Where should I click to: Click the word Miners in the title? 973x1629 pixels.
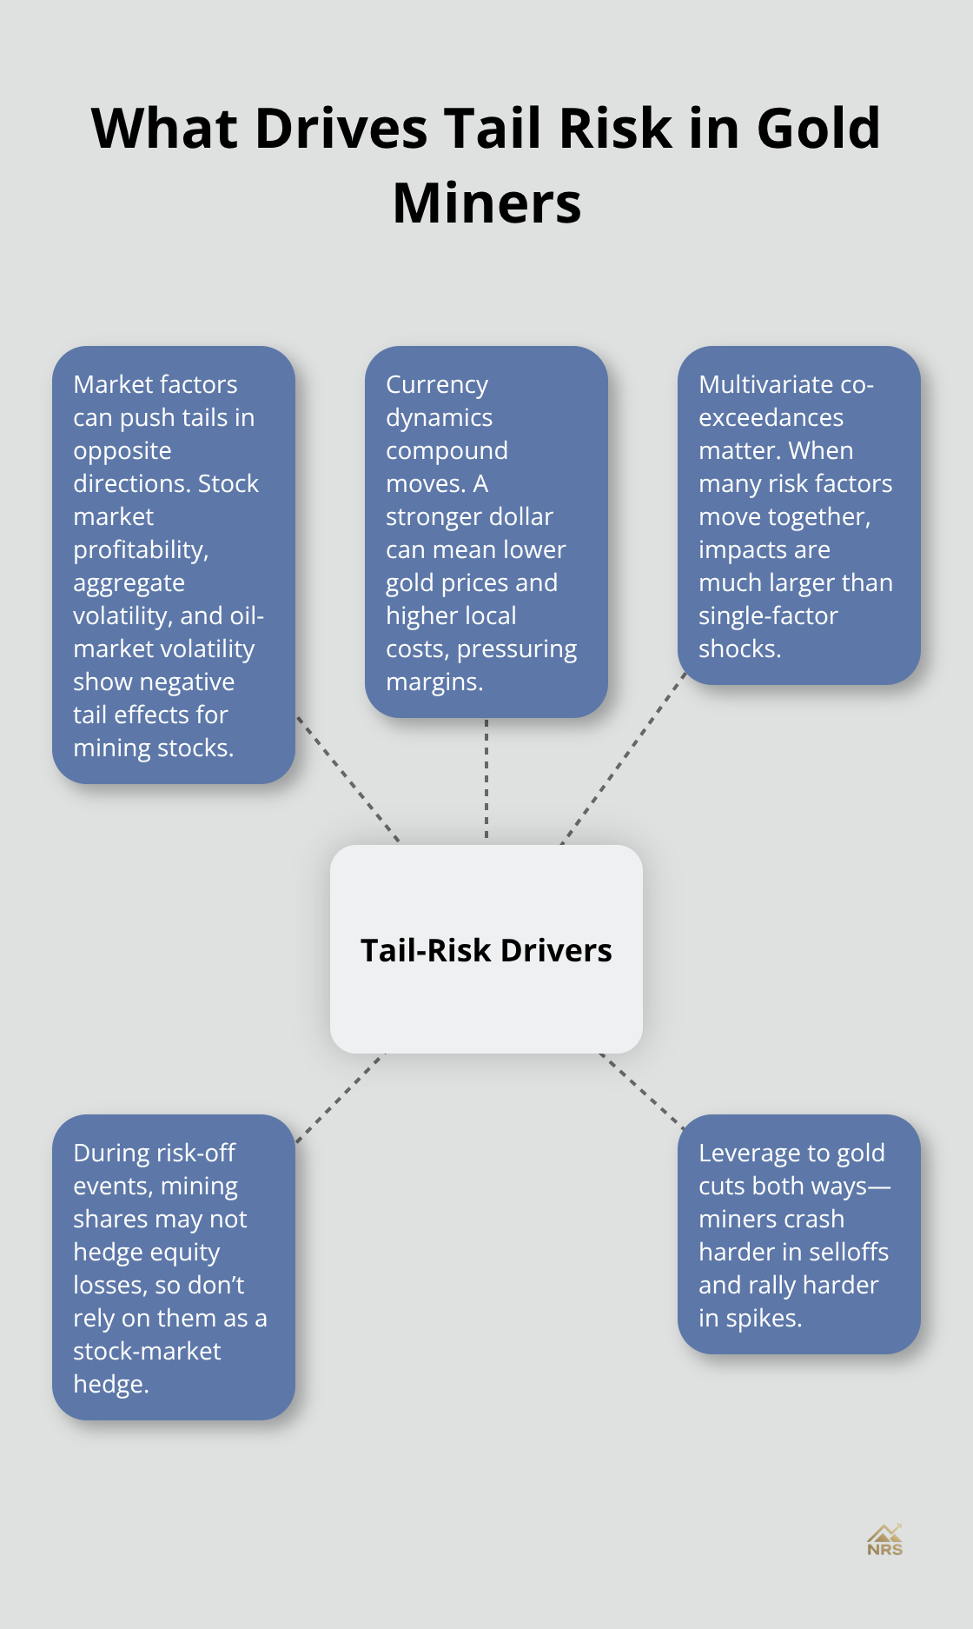click(486, 204)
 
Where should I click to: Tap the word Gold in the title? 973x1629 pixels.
click(818, 129)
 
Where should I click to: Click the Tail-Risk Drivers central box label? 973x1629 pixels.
click(486, 950)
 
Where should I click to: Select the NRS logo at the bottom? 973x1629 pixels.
click(884, 1540)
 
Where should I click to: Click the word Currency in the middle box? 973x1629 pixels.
click(437, 384)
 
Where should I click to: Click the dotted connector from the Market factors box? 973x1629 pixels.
click(347, 779)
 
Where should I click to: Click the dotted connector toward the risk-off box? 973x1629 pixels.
click(341, 1098)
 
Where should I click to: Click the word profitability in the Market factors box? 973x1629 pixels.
click(141, 549)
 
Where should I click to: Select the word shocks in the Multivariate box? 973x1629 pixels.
click(738, 648)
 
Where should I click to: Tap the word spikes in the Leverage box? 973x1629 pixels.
click(764, 1318)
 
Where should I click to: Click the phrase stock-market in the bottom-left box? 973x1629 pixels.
click(147, 1351)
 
